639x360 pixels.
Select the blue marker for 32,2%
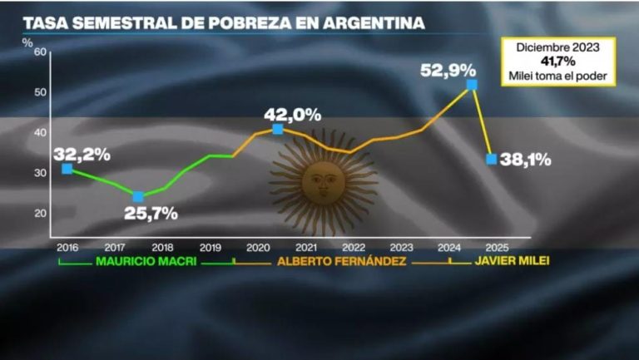point(67,169)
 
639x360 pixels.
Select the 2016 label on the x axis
point(67,247)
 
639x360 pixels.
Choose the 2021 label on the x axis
point(305,247)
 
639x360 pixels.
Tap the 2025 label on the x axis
point(497,247)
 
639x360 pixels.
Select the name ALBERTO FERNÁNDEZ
point(341,262)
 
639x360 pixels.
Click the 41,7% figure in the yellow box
point(557,62)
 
